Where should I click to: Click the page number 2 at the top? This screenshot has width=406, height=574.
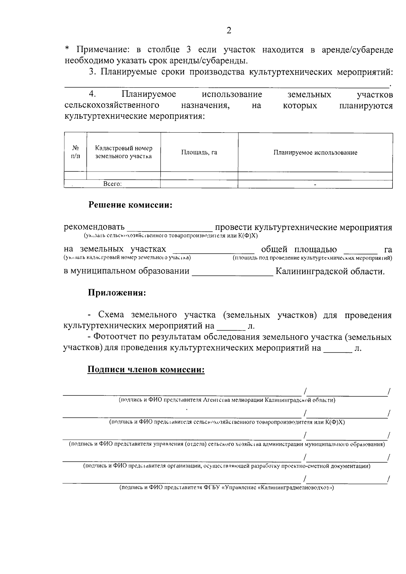tap(229, 31)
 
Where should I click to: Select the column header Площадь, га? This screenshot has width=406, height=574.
tap(199, 153)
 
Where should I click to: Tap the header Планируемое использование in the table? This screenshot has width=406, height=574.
tap(315, 153)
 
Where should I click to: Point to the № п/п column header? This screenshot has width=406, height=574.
tap(75, 152)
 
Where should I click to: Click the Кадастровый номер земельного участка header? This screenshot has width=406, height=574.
tap(123, 152)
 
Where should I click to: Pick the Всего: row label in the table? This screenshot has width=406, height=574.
tap(112, 184)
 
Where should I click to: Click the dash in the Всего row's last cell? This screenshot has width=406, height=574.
tap(315, 184)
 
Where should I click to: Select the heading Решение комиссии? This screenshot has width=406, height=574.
tap(131, 205)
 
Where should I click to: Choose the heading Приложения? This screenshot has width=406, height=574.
tap(117, 293)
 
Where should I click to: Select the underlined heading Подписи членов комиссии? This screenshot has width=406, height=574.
tap(146, 370)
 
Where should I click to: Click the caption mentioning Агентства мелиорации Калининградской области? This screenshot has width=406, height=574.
tap(227, 400)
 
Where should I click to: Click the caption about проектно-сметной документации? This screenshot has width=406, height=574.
tap(227, 466)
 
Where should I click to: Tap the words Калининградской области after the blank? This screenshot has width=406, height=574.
tap(330, 272)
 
